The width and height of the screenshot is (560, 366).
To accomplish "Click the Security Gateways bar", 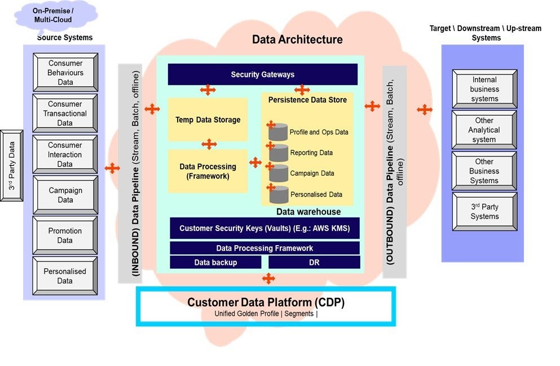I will pyautogui.click(x=262, y=74).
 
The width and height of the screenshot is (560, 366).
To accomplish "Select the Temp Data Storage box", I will pyautogui.click(x=208, y=119).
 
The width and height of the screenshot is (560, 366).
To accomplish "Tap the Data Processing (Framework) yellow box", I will pyautogui.click(x=208, y=171).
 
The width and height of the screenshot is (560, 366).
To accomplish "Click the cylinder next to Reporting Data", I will pyautogui.click(x=278, y=152).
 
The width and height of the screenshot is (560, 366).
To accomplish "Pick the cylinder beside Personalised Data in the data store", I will pyautogui.click(x=278, y=194).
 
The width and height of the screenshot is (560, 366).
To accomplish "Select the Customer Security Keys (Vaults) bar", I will pyautogui.click(x=264, y=228).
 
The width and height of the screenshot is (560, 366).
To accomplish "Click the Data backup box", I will pyautogui.click(x=215, y=262).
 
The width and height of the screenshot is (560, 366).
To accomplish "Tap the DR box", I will pyautogui.click(x=314, y=262).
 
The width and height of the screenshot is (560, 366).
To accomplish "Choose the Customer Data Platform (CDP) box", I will pyautogui.click(x=266, y=307).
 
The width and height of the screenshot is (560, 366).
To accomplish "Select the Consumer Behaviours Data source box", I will pyautogui.click(x=65, y=72).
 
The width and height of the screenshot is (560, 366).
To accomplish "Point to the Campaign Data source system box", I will pyautogui.click(x=65, y=195).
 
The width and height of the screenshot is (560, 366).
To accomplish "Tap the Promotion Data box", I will pyautogui.click(x=65, y=236).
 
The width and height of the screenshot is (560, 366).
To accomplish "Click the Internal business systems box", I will pyautogui.click(x=484, y=89).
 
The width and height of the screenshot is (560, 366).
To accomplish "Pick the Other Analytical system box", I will pyautogui.click(x=484, y=130).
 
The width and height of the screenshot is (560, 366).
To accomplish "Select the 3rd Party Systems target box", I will pyautogui.click(x=484, y=212).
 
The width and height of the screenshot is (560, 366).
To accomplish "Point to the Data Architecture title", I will pyautogui.click(x=297, y=40).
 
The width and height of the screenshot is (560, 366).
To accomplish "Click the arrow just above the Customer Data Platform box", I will pyautogui.click(x=268, y=278).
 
